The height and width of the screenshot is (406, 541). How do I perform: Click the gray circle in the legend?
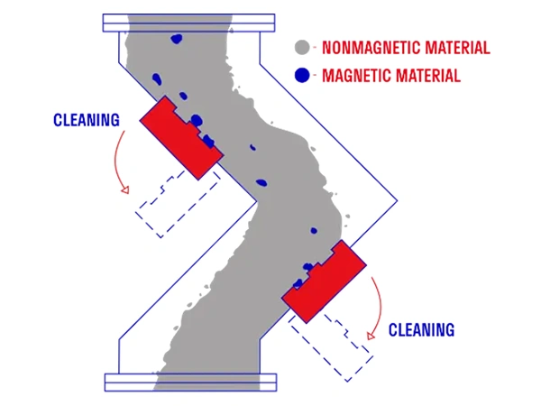[x=302, y=47]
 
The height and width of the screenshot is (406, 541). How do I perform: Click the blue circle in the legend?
[x=302, y=75]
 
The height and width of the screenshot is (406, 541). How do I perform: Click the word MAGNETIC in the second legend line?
[x=356, y=76]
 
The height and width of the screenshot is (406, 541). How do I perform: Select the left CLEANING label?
[x=87, y=120]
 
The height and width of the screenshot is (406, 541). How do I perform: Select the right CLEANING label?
[x=421, y=329]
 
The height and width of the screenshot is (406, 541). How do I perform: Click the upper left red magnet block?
[x=182, y=138]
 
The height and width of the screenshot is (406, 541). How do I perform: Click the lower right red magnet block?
[x=324, y=281]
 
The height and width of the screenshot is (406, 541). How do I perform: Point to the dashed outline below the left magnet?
[x=178, y=204]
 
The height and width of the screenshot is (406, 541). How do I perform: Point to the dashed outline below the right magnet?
[x=331, y=347]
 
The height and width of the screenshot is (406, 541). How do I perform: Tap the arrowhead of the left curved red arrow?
[x=125, y=189]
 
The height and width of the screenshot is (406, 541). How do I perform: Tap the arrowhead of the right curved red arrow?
[x=371, y=336]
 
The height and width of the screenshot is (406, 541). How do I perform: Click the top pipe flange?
[x=188, y=23]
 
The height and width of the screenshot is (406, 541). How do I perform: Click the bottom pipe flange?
[x=190, y=383]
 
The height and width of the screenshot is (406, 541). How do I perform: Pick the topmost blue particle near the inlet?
[x=177, y=39]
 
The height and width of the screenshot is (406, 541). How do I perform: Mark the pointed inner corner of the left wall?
[x=257, y=200]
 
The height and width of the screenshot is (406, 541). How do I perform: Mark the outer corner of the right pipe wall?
[x=398, y=200]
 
